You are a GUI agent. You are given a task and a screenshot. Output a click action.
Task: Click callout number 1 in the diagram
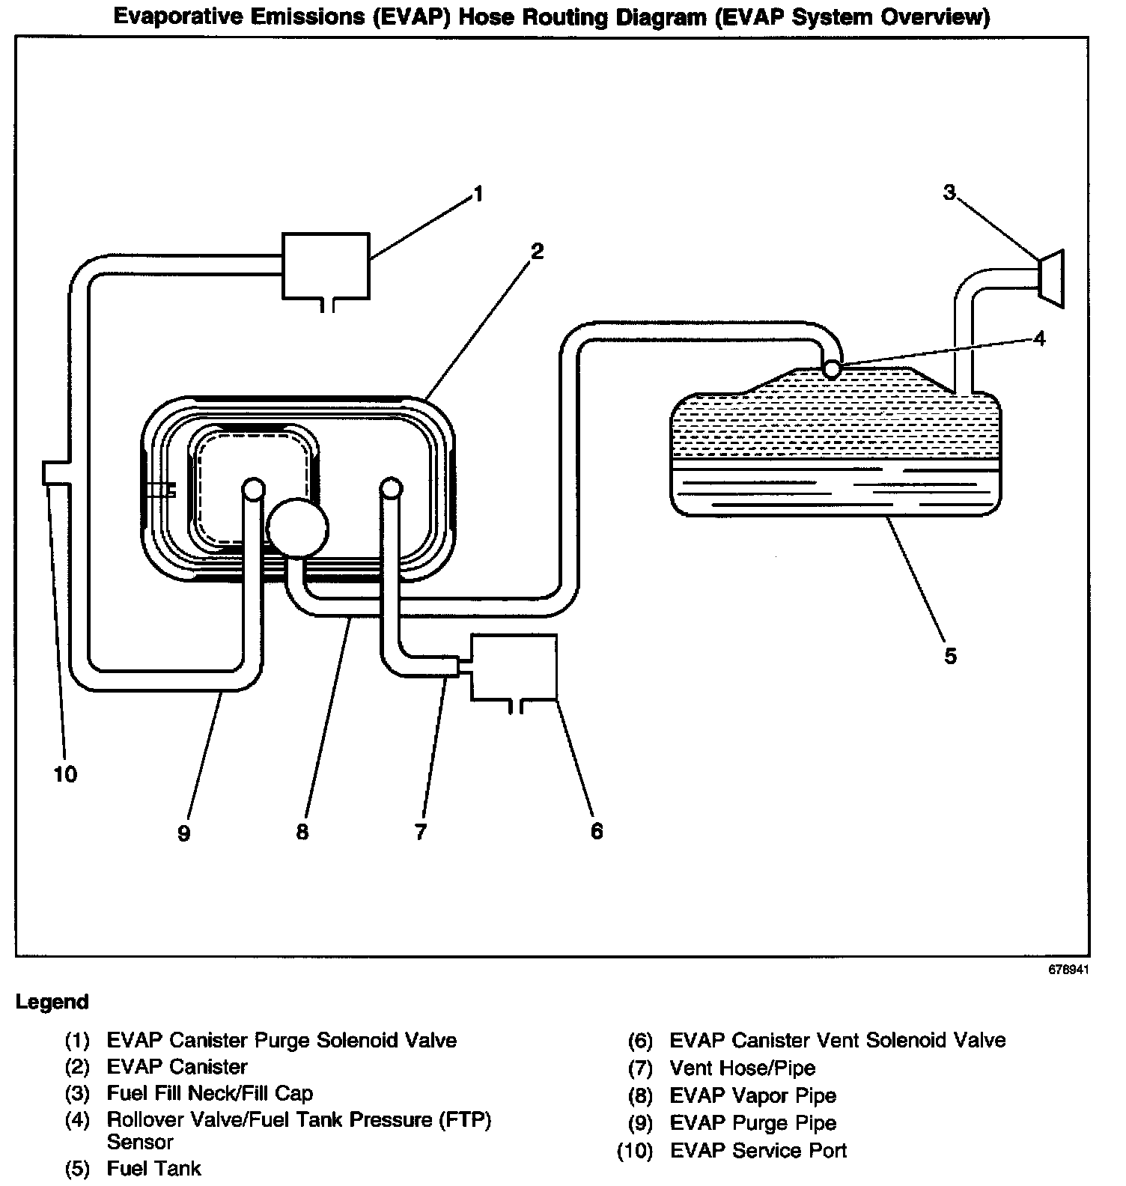click(478, 195)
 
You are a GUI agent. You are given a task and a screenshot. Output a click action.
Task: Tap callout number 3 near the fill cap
click(949, 192)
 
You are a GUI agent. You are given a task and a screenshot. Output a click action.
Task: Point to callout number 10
click(65, 774)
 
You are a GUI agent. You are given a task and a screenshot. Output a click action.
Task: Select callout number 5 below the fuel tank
click(950, 656)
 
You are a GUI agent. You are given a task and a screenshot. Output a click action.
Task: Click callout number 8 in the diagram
click(302, 832)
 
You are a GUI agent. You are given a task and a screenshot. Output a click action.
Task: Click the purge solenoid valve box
click(325, 266)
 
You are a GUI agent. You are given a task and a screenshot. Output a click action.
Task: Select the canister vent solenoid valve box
click(514, 666)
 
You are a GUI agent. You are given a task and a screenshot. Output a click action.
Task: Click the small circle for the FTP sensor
click(831, 368)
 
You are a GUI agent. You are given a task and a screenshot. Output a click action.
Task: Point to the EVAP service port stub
click(52, 473)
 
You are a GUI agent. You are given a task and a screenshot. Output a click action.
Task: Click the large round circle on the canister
click(297, 528)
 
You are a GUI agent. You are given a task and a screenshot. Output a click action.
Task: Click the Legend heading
click(52, 1002)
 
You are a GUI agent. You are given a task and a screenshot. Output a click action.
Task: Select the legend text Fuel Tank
click(153, 1168)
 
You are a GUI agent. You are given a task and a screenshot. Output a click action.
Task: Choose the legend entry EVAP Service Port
click(758, 1150)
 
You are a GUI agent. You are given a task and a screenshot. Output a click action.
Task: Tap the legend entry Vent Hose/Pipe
click(742, 1068)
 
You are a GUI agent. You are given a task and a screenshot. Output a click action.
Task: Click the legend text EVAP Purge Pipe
click(752, 1122)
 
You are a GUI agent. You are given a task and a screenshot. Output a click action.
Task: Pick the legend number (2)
click(77, 1066)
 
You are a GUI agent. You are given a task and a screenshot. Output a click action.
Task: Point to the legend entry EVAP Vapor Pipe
click(752, 1095)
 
